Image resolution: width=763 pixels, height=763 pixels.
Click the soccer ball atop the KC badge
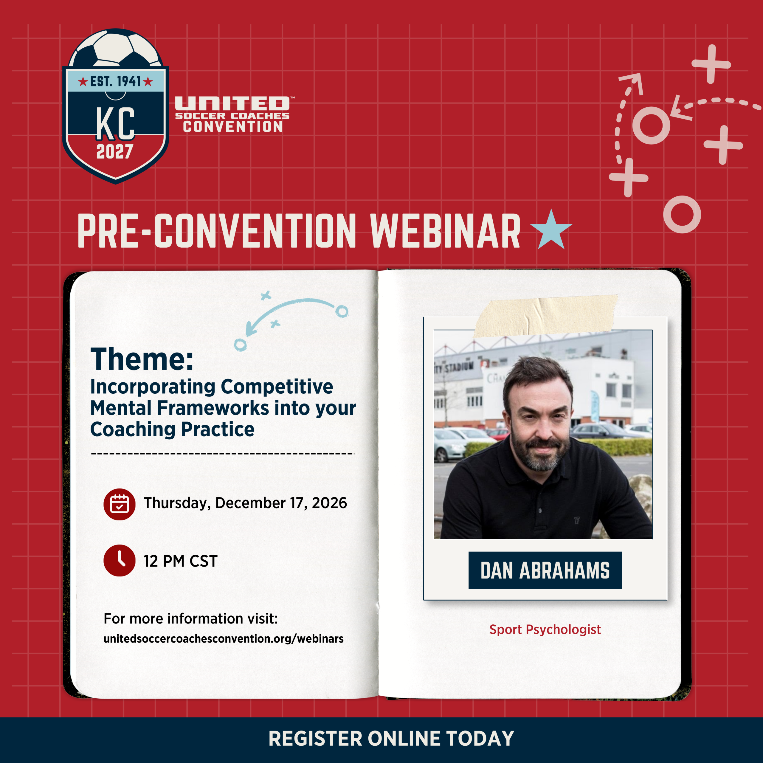115,48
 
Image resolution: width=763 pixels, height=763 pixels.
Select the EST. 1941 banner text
115,82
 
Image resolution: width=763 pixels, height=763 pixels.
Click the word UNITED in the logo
232,104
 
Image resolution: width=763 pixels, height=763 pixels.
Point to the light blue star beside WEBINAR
551,229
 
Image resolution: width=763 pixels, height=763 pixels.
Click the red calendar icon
119,504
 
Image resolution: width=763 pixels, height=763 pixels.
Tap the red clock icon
119,560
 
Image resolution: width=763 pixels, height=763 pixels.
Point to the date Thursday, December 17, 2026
245,503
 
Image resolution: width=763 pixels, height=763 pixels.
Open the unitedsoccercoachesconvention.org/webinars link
224,639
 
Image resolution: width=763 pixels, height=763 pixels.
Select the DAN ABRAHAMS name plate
545,570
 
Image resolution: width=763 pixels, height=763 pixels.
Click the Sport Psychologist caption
545,629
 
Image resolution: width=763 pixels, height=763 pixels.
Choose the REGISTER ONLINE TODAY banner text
391,739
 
